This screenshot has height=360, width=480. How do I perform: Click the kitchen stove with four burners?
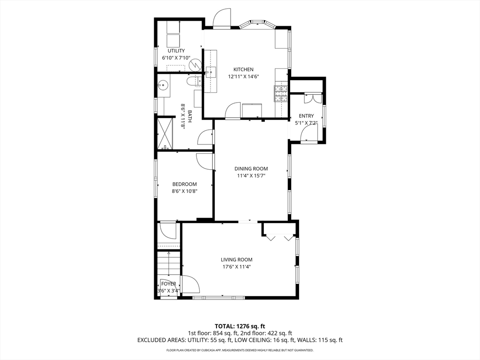point(280,94)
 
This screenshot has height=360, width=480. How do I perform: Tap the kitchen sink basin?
point(210,72)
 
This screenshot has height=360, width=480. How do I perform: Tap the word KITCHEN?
point(243,69)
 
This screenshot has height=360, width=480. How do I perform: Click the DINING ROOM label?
point(251,169)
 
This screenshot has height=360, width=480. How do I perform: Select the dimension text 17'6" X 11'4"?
point(237,267)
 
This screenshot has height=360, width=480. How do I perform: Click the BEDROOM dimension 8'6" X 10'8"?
point(184,191)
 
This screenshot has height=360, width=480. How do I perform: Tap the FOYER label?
point(168,284)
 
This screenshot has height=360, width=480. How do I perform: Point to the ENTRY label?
point(306,116)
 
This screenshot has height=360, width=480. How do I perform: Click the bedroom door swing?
point(205,161)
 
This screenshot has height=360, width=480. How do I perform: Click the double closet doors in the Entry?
point(312,98)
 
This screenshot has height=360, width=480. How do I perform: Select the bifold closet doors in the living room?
point(279,237)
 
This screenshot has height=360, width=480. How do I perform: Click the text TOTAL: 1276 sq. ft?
point(240,326)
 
